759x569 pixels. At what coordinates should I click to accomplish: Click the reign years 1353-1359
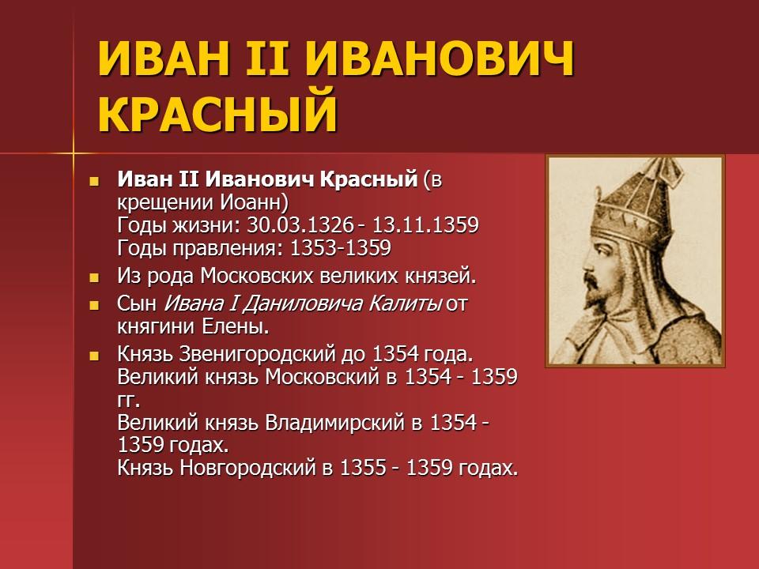341,249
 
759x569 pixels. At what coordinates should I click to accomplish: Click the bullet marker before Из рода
94,277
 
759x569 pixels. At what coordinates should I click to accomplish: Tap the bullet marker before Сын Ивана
94,303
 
